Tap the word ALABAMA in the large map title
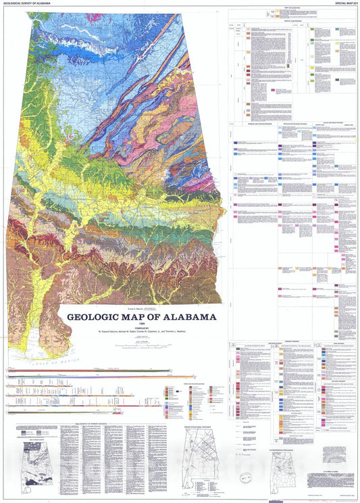click(189, 316)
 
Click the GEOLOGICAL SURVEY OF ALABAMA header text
click(30, 3)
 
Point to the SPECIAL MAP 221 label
click(342, 3)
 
